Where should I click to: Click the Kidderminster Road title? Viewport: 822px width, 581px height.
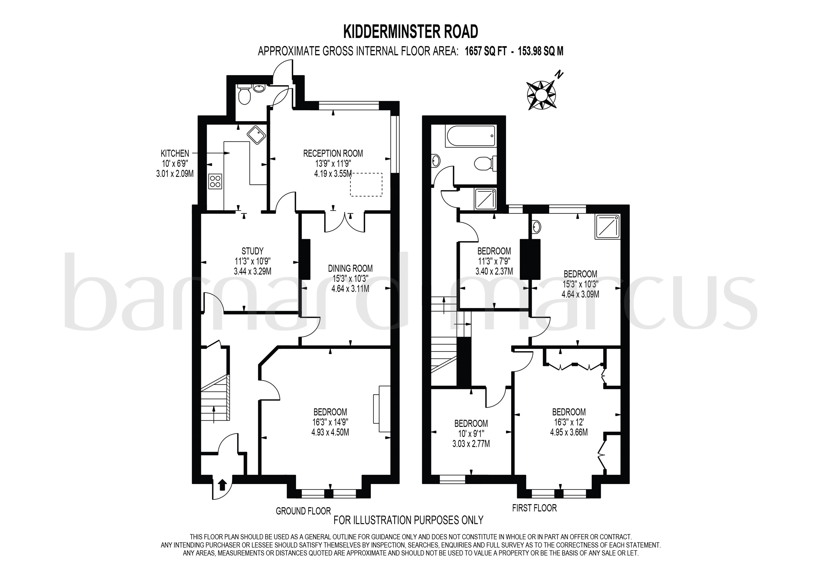(x=411, y=31)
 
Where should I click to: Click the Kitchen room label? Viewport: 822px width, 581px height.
(x=175, y=153)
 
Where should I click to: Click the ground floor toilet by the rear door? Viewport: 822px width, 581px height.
(x=245, y=96)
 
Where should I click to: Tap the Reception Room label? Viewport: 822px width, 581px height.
(x=333, y=153)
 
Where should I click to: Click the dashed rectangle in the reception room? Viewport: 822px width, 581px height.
(x=366, y=185)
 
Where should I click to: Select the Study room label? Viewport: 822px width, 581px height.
(x=252, y=251)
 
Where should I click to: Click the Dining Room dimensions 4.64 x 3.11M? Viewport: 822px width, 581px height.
(x=350, y=289)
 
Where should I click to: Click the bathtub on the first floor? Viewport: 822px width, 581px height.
(x=470, y=136)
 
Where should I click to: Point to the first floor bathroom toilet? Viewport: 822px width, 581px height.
(x=484, y=164)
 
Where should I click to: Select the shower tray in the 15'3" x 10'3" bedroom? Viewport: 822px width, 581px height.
(x=607, y=227)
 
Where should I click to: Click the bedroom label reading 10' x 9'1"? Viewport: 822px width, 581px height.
(x=471, y=434)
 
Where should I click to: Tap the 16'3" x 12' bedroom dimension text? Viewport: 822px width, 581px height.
(x=569, y=422)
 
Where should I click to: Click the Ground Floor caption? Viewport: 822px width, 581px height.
(x=303, y=511)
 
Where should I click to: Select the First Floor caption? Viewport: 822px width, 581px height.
(x=534, y=507)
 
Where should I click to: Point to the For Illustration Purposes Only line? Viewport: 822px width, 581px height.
(x=408, y=520)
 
